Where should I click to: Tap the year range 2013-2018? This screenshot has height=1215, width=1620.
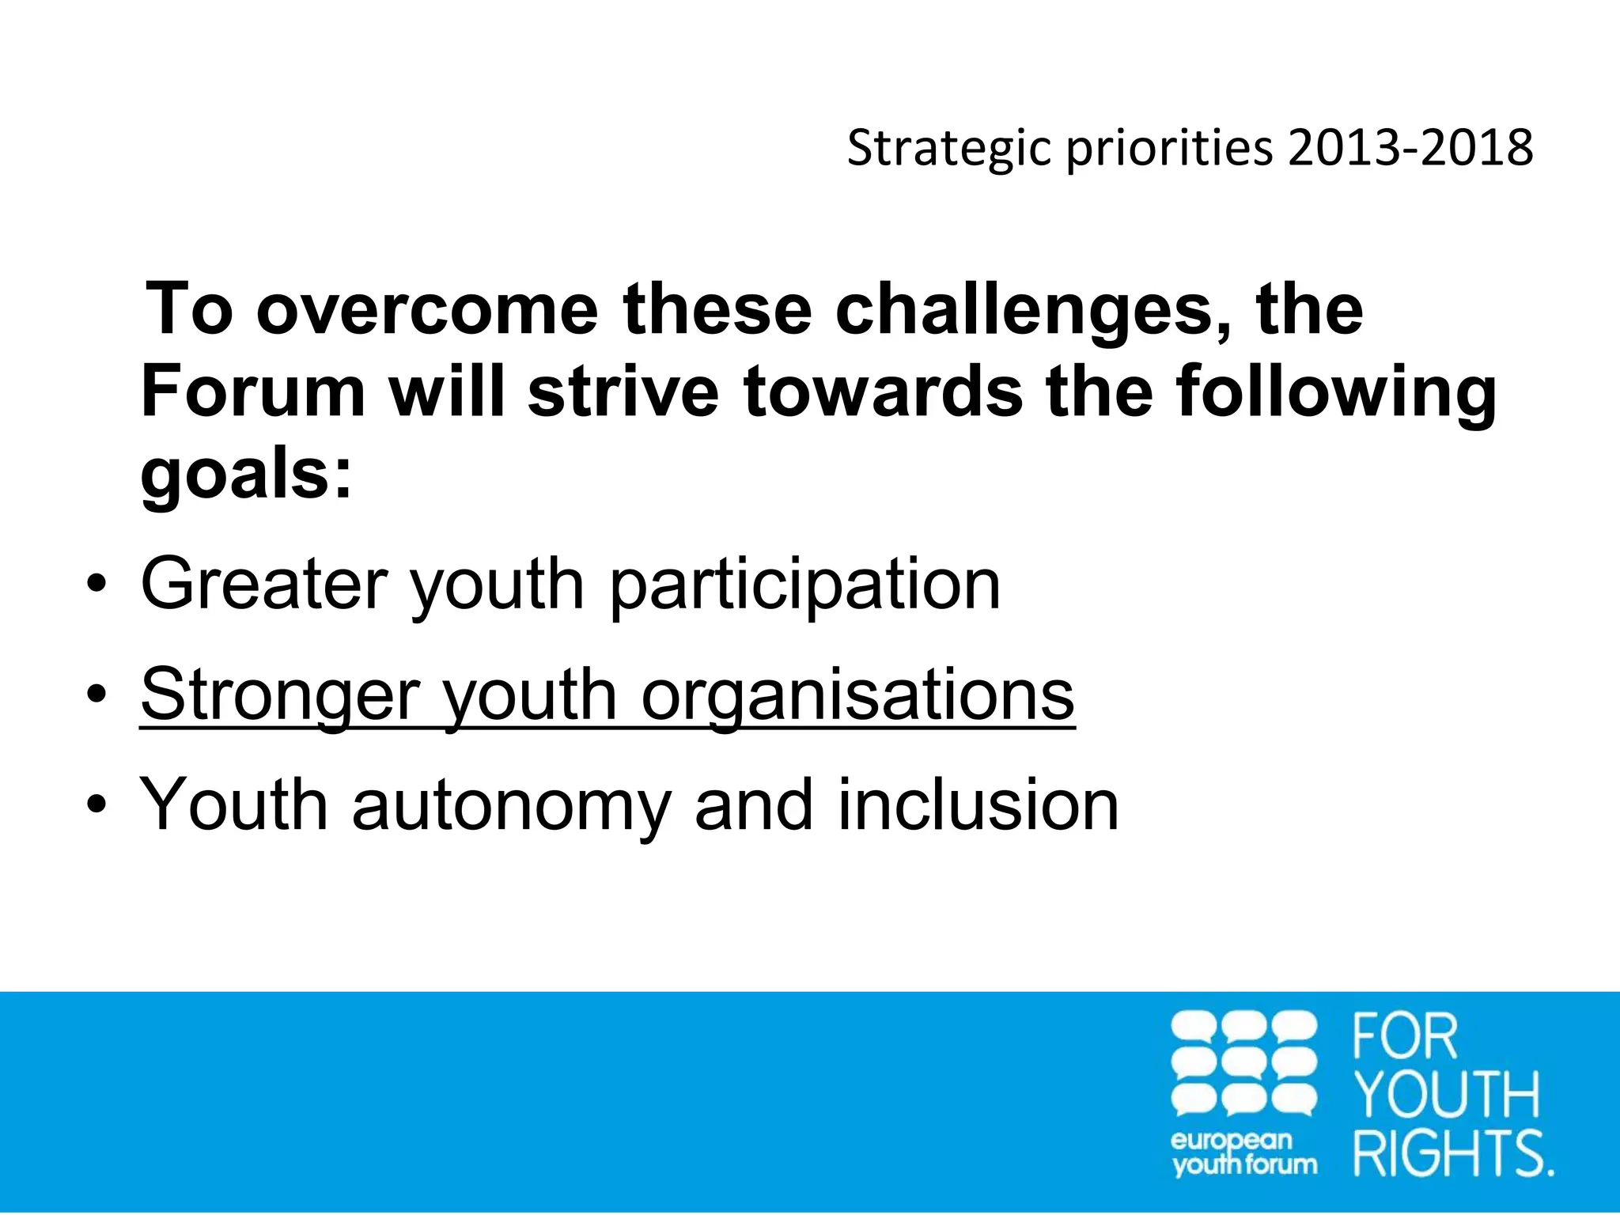(x=1410, y=148)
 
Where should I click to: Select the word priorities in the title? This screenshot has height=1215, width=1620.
(x=1170, y=149)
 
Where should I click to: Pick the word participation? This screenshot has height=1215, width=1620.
(x=805, y=585)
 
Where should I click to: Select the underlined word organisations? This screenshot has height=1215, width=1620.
(x=857, y=695)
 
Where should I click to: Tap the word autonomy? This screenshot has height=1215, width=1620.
(x=511, y=805)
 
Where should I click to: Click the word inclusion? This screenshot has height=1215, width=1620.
(x=978, y=805)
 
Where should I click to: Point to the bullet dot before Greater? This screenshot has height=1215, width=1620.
(x=97, y=586)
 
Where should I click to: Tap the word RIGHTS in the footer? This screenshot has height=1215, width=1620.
(x=1452, y=1153)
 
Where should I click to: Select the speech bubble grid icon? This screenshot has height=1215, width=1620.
(x=1243, y=1064)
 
